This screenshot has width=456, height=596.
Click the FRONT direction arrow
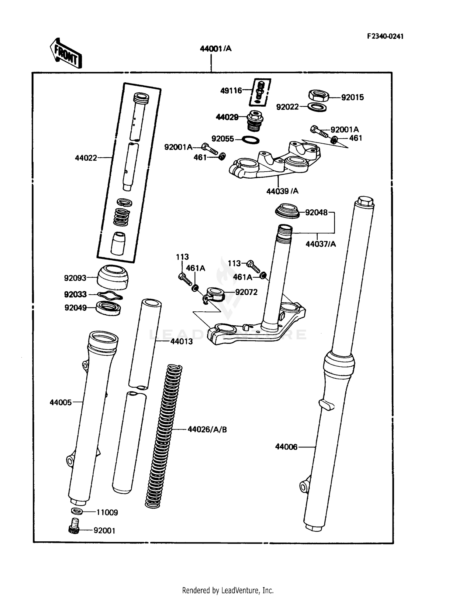[x=66, y=53]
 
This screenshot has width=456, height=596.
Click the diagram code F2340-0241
[x=385, y=36]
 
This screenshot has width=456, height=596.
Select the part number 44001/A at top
[x=216, y=49]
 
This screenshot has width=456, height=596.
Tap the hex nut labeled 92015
[x=319, y=95]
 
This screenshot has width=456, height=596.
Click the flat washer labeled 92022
[x=317, y=107]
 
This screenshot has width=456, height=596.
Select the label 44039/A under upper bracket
[x=282, y=191]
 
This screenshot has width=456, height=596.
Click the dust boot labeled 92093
[x=112, y=277]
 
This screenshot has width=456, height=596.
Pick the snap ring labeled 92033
[x=110, y=295]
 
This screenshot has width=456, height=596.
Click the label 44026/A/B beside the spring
[x=207, y=430]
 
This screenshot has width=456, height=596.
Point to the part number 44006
[x=286, y=447]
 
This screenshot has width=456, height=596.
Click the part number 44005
[x=60, y=402]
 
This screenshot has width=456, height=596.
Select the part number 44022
[x=86, y=158]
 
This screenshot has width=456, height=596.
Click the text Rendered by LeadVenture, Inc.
[x=228, y=590]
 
